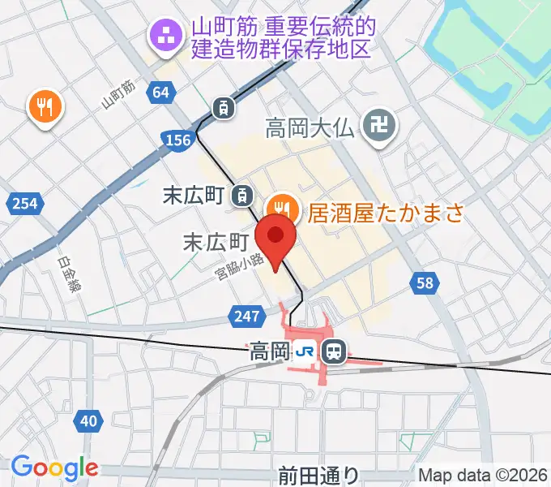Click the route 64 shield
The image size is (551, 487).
161,92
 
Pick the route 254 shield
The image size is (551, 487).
25,203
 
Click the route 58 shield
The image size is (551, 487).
424,282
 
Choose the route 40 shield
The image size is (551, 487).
90,420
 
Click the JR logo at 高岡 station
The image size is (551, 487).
305,351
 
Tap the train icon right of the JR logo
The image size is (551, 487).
332,351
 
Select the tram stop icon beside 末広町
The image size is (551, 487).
241,195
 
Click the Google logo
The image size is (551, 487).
54,468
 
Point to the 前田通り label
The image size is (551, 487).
317,475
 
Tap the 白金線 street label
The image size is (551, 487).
70,276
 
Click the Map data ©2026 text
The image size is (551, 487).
483,475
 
